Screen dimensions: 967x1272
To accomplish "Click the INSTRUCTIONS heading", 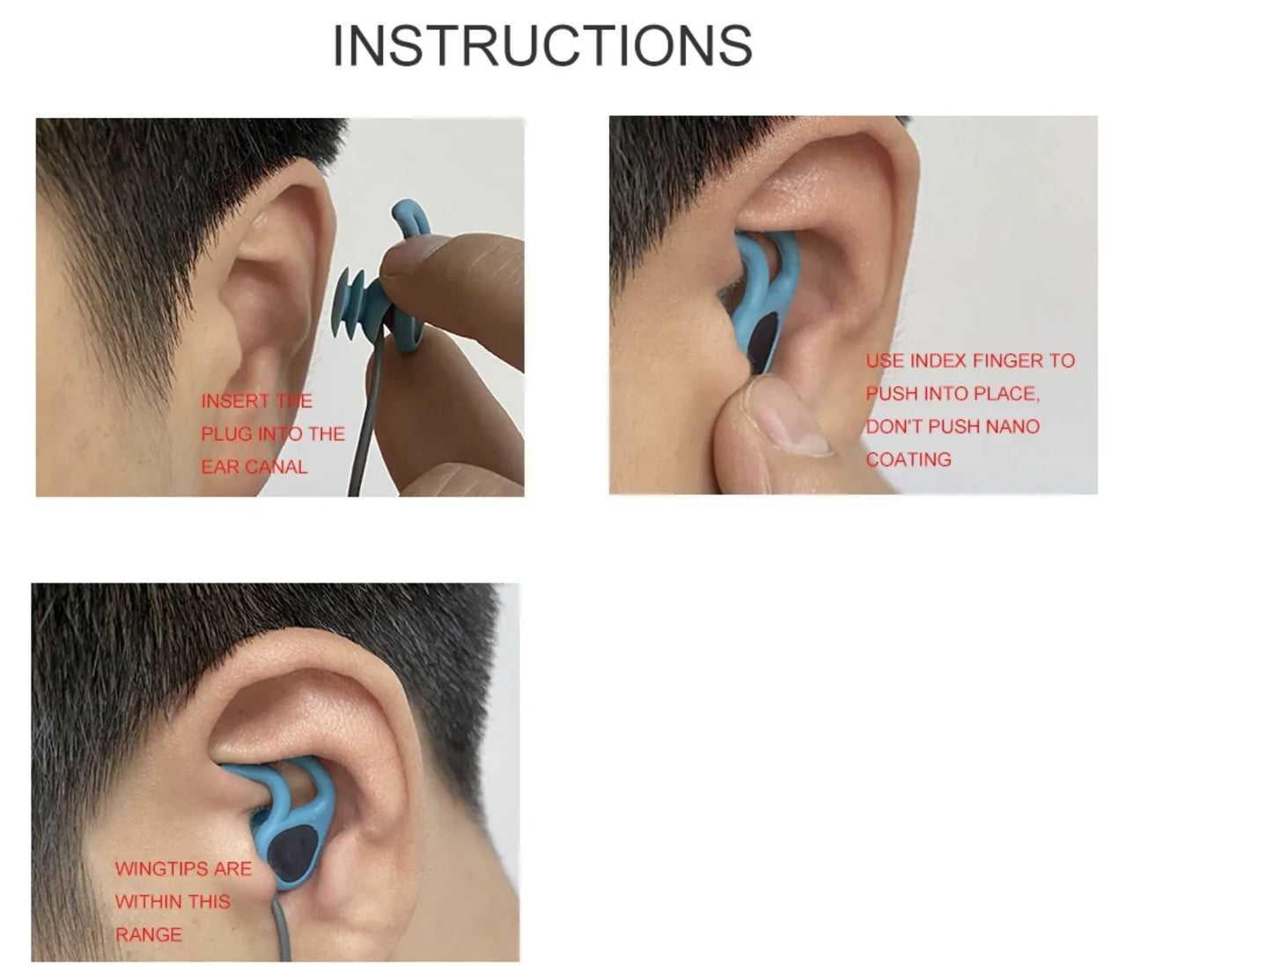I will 542,46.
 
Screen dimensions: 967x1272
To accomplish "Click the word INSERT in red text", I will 234,401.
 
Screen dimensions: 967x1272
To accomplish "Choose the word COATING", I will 908,459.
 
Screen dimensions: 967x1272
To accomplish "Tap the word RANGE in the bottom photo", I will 149,935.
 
